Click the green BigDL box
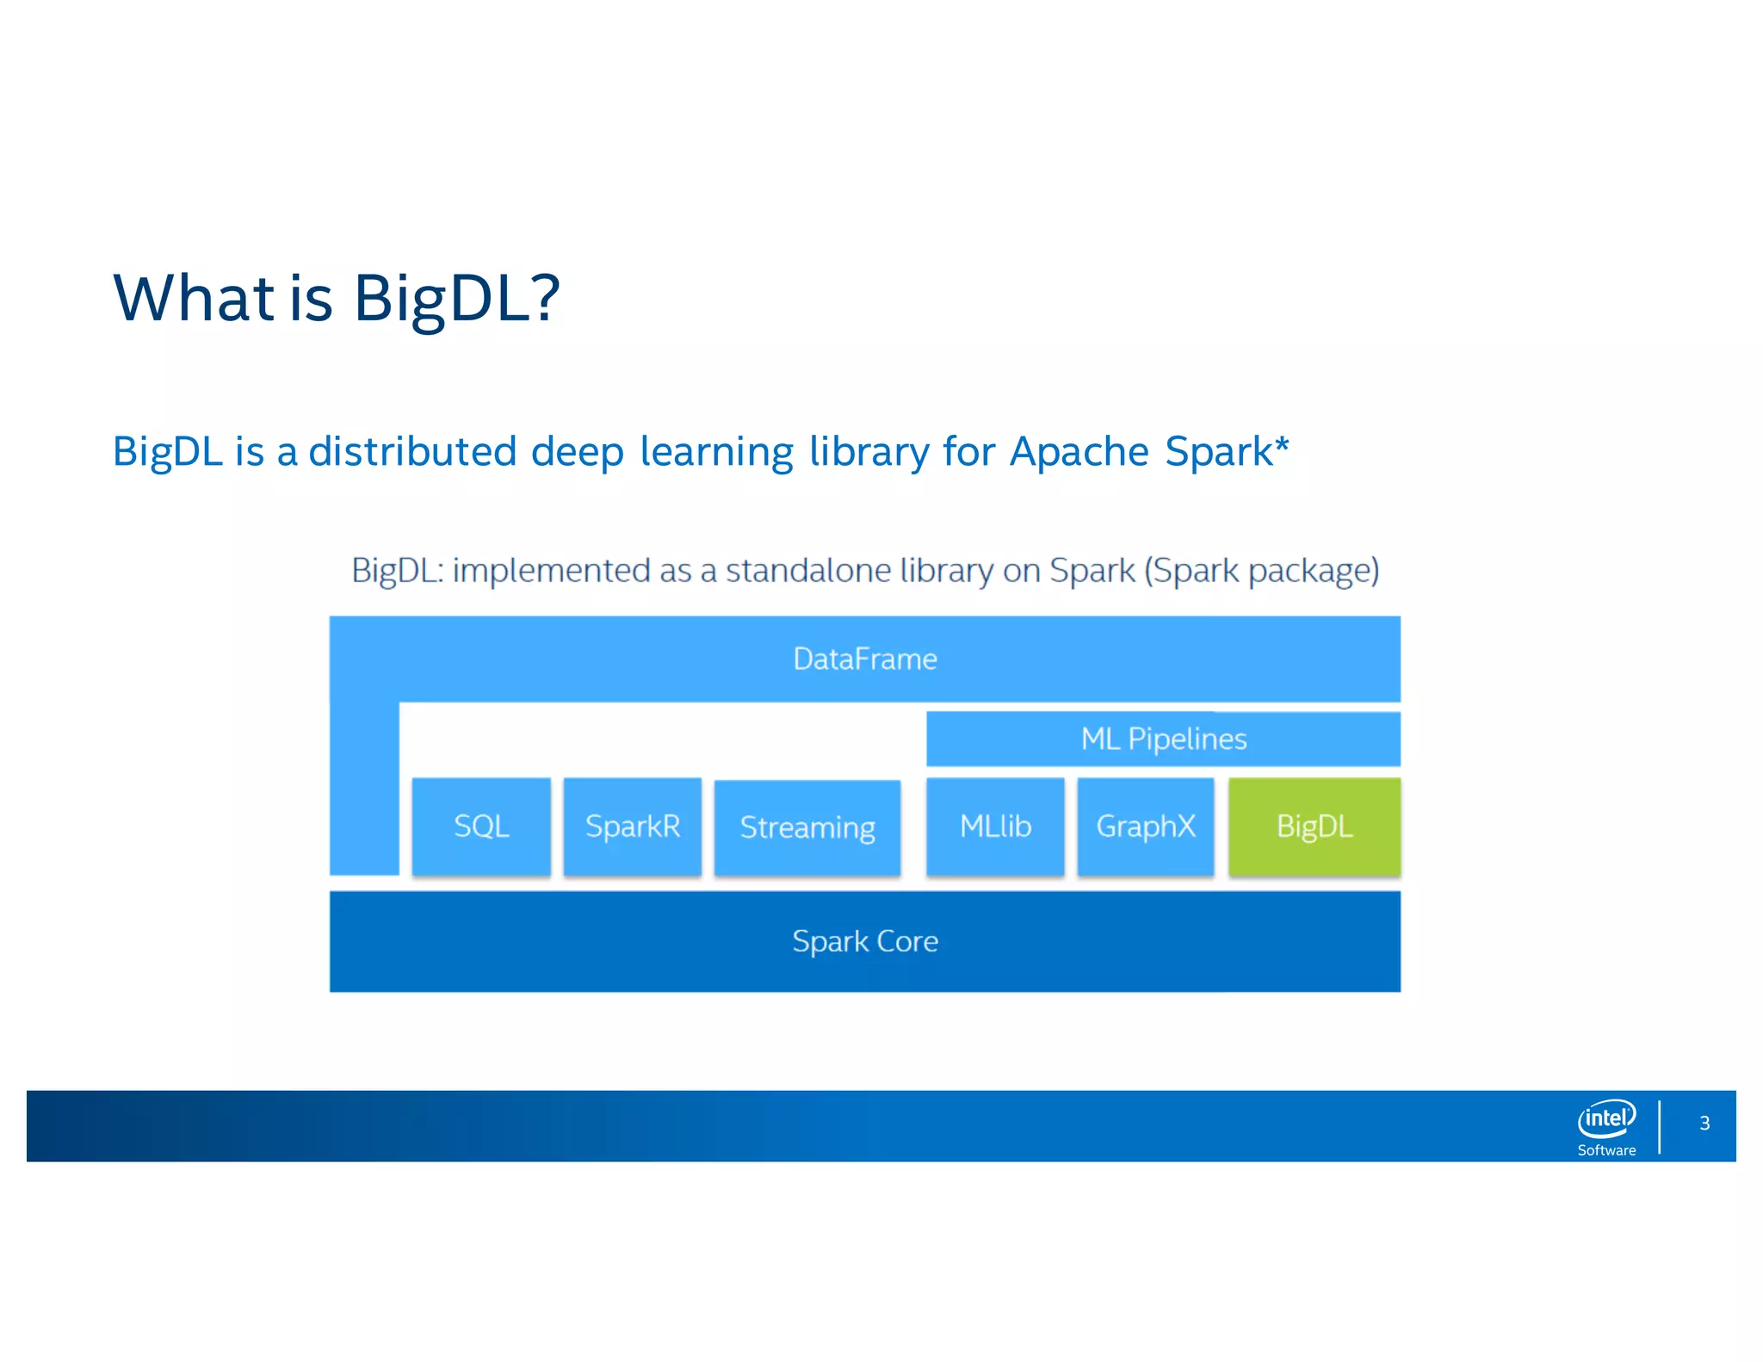(1314, 826)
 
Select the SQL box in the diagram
(481, 826)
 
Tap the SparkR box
(633, 826)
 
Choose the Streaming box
(807, 827)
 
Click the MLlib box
(995, 826)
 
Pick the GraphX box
(1146, 826)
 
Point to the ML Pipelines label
(1164, 739)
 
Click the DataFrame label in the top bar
(865, 659)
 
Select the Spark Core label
(865, 941)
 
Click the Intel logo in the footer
(1606, 1118)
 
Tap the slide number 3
(1704, 1123)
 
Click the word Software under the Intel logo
(1606, 1150)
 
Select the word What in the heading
(194, 298)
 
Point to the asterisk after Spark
(1282, 444)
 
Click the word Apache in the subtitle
(1079, 452)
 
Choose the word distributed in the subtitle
(412, 452)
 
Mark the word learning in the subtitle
(716, 452)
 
